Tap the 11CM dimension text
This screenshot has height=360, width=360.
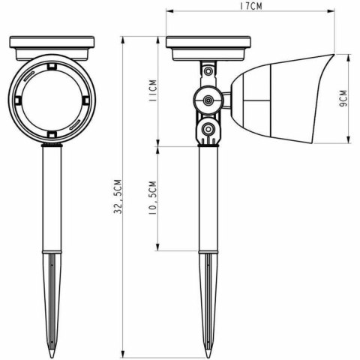pos(152,94)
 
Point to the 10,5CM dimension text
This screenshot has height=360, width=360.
pos(152,199)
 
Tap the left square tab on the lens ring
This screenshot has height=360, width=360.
pos(16,100)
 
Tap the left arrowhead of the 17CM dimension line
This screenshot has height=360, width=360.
pos(168,12)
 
